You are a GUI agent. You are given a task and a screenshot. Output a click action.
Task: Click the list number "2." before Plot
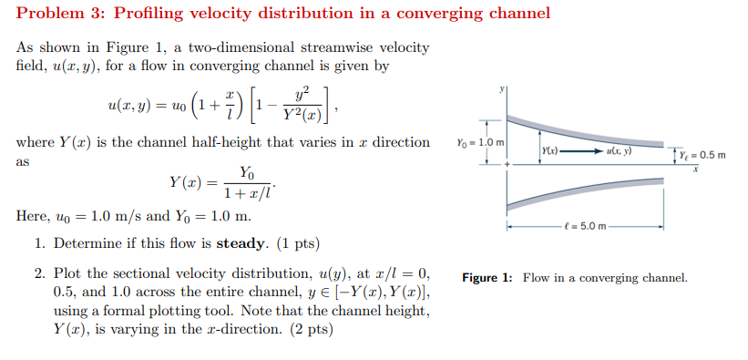[x=41, y=273]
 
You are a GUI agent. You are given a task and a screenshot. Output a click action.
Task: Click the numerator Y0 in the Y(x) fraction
[x=247, y=172]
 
